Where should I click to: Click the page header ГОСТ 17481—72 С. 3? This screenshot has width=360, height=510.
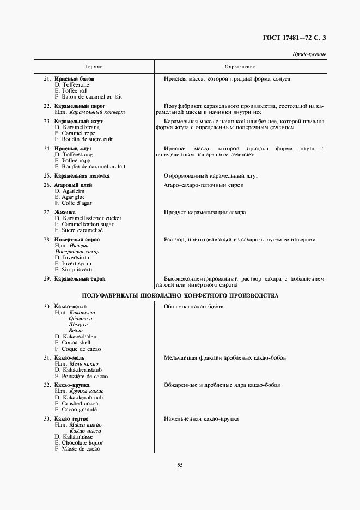click(297, 38)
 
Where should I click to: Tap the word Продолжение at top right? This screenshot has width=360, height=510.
click(309, 54)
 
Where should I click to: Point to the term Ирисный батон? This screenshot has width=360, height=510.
click(74, 78)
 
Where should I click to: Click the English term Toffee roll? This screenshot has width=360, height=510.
click(71, 91)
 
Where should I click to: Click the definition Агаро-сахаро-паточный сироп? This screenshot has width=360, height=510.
click(204, 185)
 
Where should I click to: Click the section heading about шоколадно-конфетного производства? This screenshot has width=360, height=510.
click(180, 295)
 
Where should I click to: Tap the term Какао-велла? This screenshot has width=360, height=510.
click(70, 307)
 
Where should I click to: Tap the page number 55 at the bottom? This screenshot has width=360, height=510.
click(180, 465)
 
